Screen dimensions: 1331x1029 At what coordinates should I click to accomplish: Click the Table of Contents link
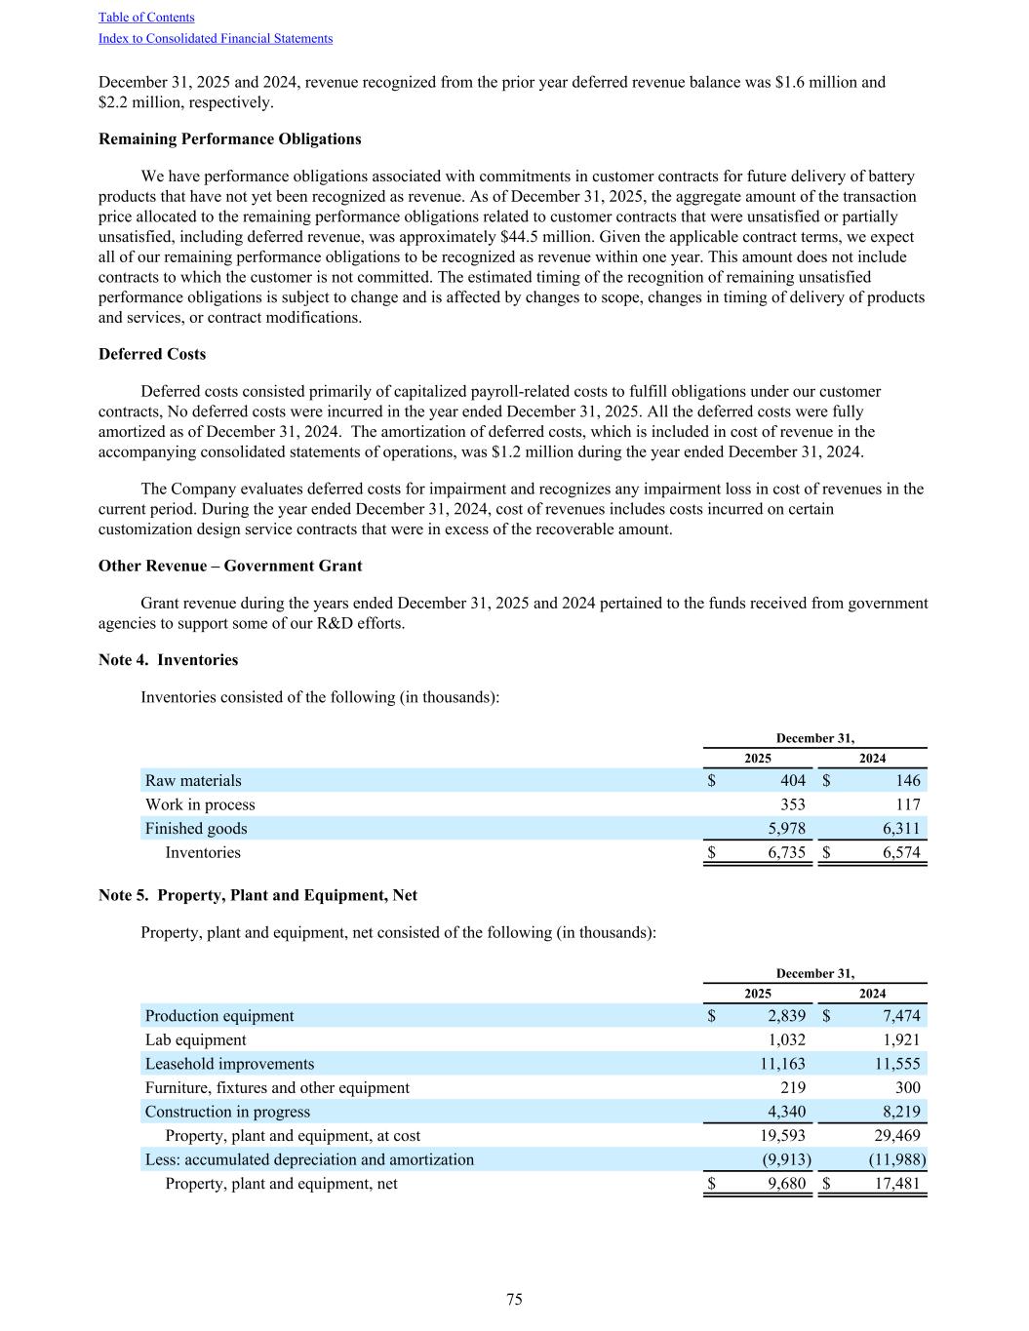(146, 18)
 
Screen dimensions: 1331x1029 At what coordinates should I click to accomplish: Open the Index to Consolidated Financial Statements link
(216, 39)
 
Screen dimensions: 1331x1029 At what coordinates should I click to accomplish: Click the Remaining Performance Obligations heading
(229, 138)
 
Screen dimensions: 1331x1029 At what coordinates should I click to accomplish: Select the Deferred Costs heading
(152, 354)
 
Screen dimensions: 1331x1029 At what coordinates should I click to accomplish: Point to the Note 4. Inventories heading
(168, 660)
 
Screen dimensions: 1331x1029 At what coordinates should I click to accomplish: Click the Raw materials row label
(193, 780)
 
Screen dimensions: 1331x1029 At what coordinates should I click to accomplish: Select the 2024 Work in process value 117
(907, 804)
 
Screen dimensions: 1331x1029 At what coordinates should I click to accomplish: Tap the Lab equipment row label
(196, 1039)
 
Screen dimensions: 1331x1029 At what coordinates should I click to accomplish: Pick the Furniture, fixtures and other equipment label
(277, 1087)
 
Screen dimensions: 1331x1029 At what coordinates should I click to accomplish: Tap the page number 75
(514, 1299)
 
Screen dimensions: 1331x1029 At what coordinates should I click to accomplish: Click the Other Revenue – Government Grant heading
(230, 566)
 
